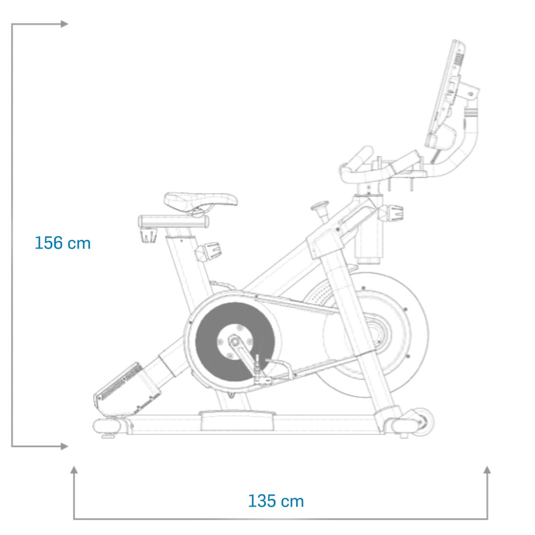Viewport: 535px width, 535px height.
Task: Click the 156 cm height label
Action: (63, 243)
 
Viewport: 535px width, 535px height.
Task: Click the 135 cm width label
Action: (276, 501)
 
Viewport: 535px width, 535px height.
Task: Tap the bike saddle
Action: (201, 200)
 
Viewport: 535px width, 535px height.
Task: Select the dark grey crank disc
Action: (235, 342)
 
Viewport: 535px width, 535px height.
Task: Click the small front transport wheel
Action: (423, 422)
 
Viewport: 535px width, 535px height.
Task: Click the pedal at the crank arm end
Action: (263, 379)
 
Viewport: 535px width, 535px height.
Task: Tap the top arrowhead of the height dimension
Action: (65, 24)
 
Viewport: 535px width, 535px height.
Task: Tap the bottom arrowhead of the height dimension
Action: (65, 446)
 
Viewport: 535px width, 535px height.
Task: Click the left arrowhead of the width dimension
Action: (74, 470)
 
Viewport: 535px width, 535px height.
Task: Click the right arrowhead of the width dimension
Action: (487, 470)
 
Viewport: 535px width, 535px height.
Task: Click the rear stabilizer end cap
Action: (106, 426)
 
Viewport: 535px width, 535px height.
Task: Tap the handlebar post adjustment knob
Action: (391, 212)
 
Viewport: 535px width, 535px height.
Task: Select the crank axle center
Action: (235, 341)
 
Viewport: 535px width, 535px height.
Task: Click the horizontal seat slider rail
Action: (174, 221)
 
